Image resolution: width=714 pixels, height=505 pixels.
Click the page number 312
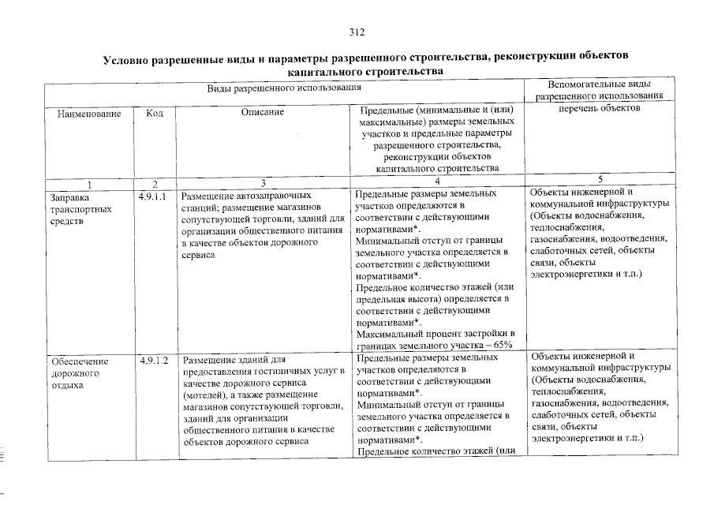click(357, 32)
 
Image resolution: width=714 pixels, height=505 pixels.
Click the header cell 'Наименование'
click(88, 114)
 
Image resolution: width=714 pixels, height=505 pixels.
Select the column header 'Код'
click(155, 114)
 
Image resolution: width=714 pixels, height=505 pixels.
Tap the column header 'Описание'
click(263, 114)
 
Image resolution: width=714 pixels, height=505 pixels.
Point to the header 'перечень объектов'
click(599, 108)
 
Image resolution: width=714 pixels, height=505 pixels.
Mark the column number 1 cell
click(88, 182)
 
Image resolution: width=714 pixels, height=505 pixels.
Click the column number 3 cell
click(263, 182)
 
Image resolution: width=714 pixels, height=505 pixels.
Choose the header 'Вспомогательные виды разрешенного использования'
click(599, 89)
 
